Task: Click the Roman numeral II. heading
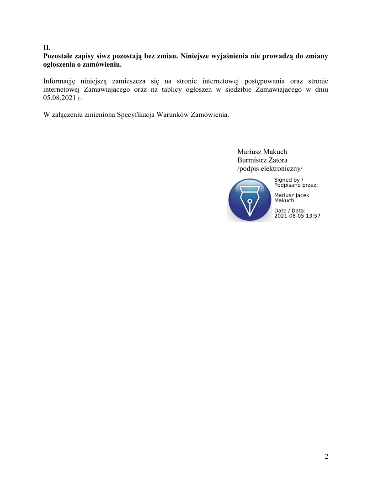click(46, 47)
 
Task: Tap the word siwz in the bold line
click(103, 56)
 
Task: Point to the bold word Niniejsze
click(196, 56)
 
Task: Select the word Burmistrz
click(252, 160)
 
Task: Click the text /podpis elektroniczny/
click(270, 168)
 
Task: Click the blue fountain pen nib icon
click(250, 200)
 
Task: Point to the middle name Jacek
click(302, 195)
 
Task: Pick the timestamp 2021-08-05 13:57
click(297, 216)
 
